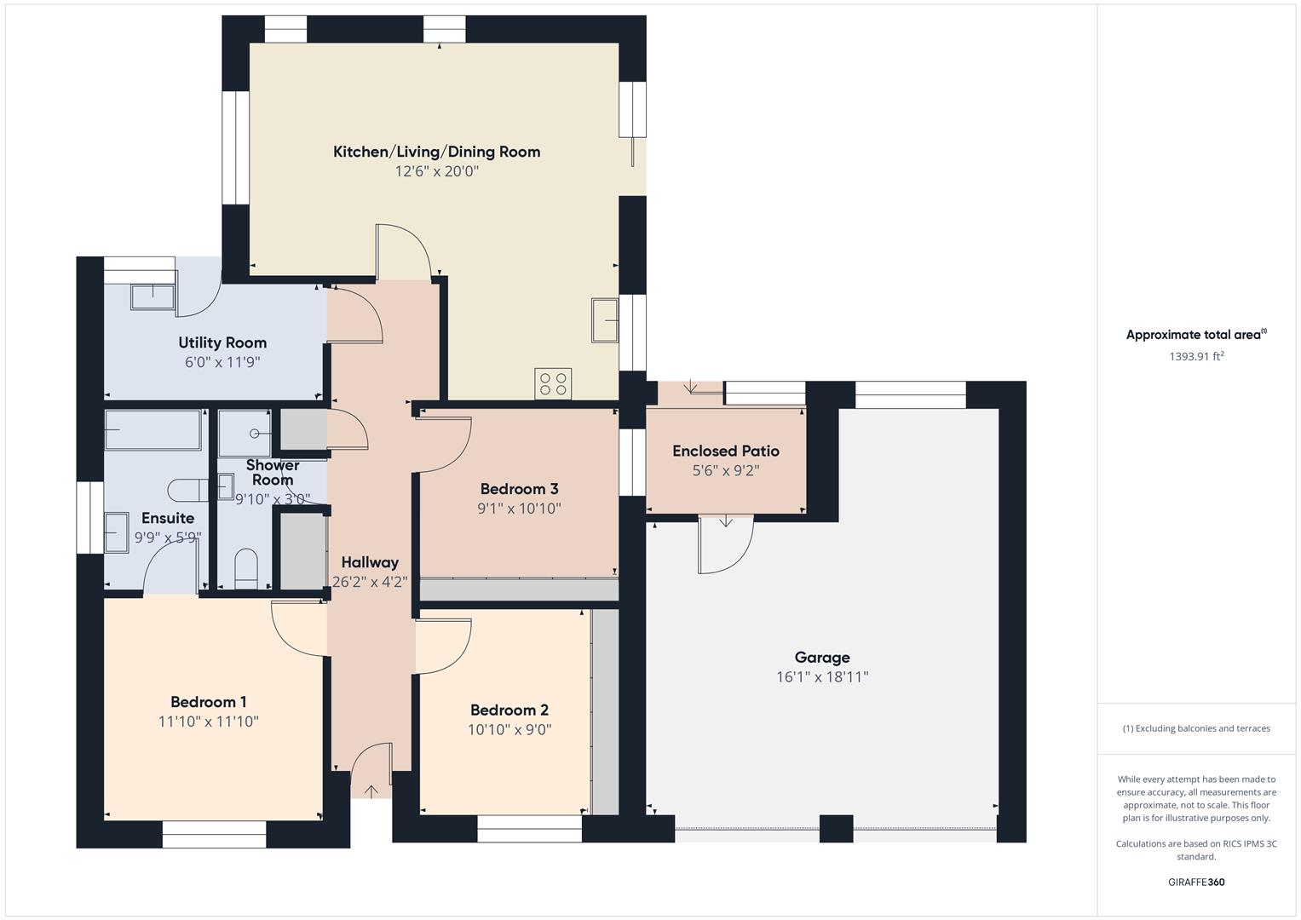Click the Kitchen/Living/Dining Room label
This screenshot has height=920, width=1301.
(436, 152)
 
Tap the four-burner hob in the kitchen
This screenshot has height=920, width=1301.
(553, 383)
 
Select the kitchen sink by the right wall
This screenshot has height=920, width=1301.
(605, 320)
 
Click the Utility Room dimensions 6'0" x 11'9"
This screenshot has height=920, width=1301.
(222, 362)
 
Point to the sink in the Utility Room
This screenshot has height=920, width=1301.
(153, 296)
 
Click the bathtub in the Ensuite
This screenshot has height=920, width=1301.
(153, 429)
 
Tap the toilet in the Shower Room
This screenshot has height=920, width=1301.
(246, 568)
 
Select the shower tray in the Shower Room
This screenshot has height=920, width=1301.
(245, 434)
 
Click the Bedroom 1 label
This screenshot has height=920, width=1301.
(209, 702)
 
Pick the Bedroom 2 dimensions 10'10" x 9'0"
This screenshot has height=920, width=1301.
(509, 730)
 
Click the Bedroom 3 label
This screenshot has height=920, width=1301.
(519, 489)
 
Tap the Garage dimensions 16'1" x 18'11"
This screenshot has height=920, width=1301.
(822, 677)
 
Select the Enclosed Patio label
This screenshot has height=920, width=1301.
(726, 451)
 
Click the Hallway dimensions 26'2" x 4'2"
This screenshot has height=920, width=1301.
(370, 582)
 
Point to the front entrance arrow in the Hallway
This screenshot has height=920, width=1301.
(371, 791)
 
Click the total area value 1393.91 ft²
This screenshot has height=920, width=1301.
(1196, 356)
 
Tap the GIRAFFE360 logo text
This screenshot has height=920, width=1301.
(1196, 882)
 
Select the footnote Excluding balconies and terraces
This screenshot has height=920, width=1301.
(1196, 728)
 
